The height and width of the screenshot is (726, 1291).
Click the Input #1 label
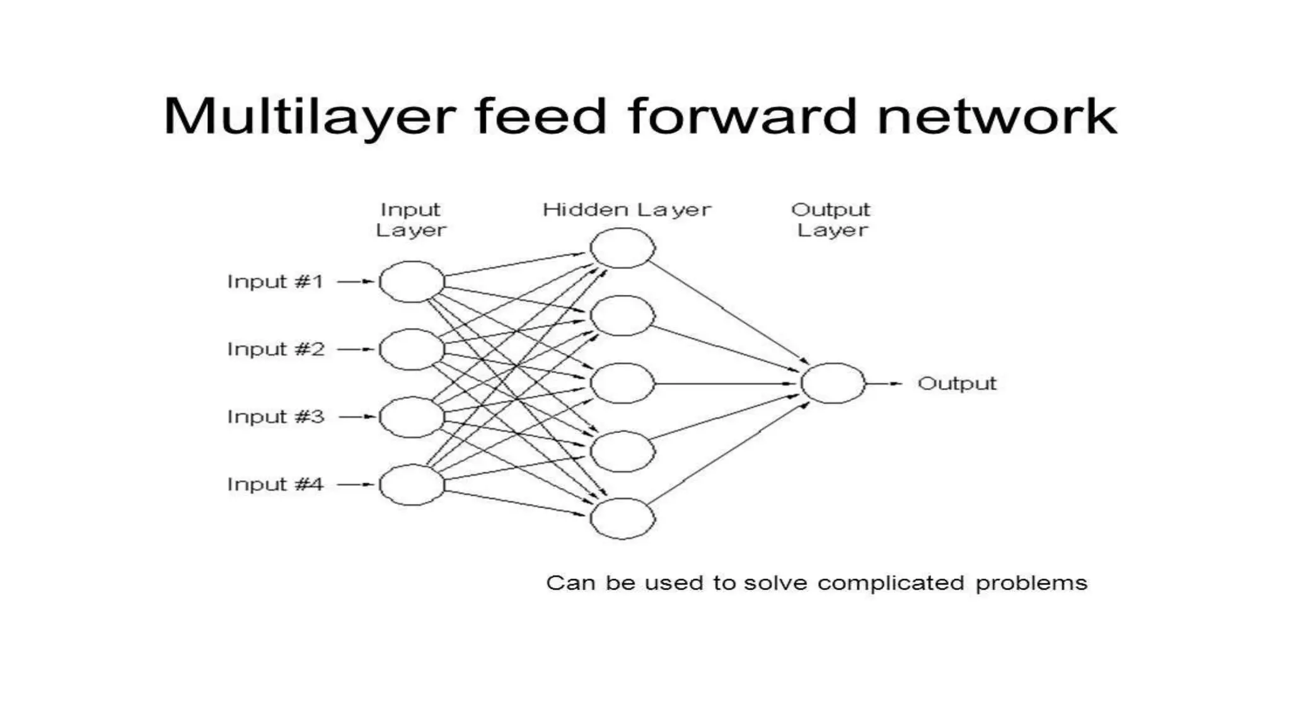tap(275, 281)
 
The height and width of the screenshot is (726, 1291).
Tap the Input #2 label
tap(275, 349)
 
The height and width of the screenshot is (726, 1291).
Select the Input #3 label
tap(275, 417)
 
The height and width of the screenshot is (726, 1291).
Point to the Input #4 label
tap(275, 484)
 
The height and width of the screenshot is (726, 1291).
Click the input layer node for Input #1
tap(412, 282)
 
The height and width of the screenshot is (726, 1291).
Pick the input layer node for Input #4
tap(412, 485)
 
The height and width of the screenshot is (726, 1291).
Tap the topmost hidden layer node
tap(623, 248)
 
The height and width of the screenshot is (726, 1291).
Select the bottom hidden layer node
tap(623, 519)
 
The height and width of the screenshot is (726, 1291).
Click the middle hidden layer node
tap(623, 383)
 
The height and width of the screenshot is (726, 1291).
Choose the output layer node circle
tap(833, 383)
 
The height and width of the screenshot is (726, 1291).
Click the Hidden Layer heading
tap(627, 210)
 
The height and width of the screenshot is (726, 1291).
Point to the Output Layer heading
tap(831, 220)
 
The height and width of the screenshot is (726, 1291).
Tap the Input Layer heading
tap(411, 220)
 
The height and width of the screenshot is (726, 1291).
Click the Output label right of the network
tap(957, 383)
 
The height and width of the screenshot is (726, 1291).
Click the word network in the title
tap(997, 117)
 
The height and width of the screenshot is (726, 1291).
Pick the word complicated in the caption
tap(891, 583)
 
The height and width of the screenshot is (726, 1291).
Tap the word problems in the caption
tap(1031, 584)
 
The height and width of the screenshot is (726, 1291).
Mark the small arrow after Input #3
tap(357, 417)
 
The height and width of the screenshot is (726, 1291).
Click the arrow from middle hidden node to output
tap(725, 383)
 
